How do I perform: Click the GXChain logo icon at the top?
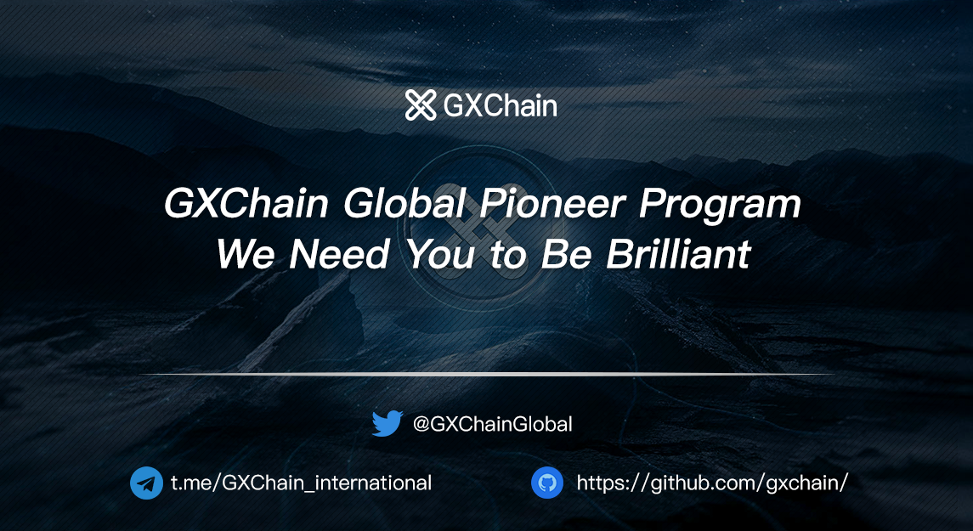click(x=421, y=105)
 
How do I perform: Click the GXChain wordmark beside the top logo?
click(x=500, y=106)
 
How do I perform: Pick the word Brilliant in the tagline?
click(x=678, y=254)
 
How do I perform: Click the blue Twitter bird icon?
click(x=388, y=424)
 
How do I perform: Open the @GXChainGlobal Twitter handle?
click(x=493, y=424)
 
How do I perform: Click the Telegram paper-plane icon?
click(x=146, y=483)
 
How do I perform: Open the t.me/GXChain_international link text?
click(x=301, y=483)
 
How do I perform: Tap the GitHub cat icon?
click(x=547, y=483)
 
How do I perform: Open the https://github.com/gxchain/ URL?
click(x=712, y=483)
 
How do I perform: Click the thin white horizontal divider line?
click(x=486, y=374)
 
